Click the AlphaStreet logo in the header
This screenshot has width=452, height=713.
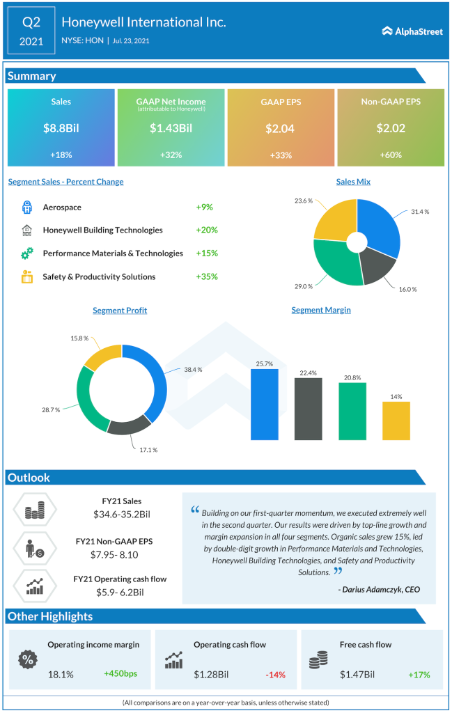pos(412,31)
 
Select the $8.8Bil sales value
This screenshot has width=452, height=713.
pos(61,128)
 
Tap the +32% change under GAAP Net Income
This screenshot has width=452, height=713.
pos(171,155)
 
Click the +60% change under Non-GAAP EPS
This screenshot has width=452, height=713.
pos(391,155)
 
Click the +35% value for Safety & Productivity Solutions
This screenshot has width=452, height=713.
pos(207,276)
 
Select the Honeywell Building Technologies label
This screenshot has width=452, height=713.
pos(102,230)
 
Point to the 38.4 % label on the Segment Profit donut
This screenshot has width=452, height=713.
pos(192,370)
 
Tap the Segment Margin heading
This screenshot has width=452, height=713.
pos(321,310)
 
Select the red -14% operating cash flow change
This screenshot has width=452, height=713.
pos(276,674)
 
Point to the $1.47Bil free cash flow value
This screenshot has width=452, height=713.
pos(357,674)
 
